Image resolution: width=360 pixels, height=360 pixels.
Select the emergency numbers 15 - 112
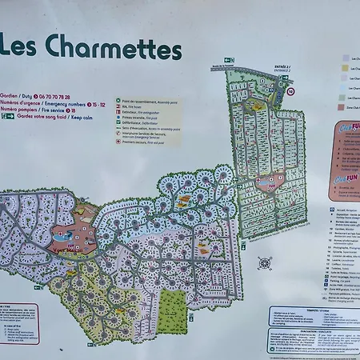96,103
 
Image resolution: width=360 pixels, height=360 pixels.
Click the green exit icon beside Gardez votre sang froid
7,117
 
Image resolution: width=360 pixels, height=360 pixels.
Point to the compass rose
265,262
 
